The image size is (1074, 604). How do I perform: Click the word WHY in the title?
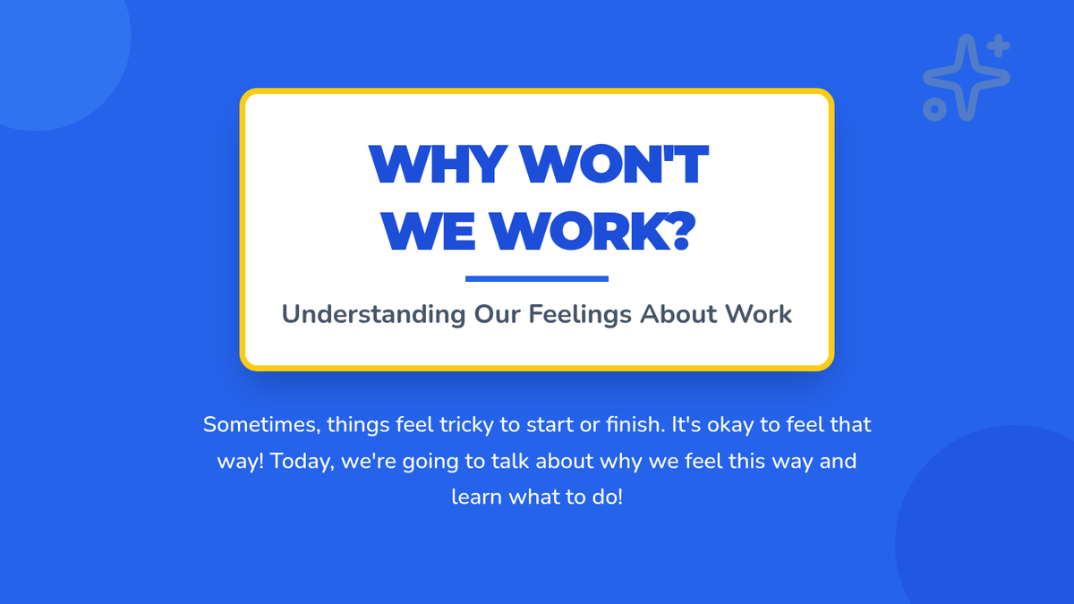[439, 164]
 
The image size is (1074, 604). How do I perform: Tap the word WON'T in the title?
[615, 164]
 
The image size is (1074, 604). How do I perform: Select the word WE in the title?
[428, 231]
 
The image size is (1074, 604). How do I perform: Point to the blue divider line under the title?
[537, 279]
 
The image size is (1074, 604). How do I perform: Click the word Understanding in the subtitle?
[373, 315]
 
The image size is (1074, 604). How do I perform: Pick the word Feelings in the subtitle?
[580, 315]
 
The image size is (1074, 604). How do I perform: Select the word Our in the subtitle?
[498, 314]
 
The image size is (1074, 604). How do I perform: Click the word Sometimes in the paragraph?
[261, 425]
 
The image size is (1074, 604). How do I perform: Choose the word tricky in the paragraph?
[466, 426]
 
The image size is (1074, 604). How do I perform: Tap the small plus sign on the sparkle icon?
[999, 46]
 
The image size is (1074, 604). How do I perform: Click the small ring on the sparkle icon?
[934, 109]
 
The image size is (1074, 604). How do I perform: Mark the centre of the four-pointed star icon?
[967, 77]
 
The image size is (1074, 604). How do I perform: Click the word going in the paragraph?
[430, 462]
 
